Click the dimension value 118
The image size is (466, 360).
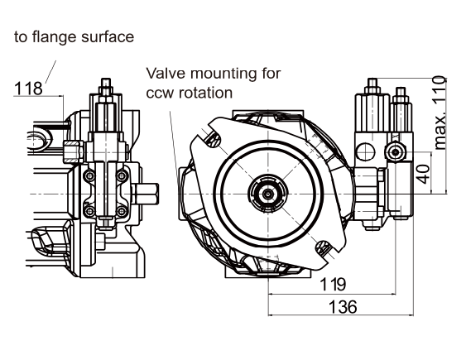click(x=28, y=89)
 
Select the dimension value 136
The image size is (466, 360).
click(x=343, y=306)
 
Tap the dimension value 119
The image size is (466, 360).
click(x=333, y=284)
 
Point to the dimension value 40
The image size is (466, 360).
click(x=424, y=174)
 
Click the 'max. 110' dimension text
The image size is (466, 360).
click(x=440, y=113)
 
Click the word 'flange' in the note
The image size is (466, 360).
click(x=54, y=37)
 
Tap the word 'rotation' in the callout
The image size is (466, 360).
click(x=205, y=93)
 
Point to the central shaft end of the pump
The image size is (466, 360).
click(x=268, y=194)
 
